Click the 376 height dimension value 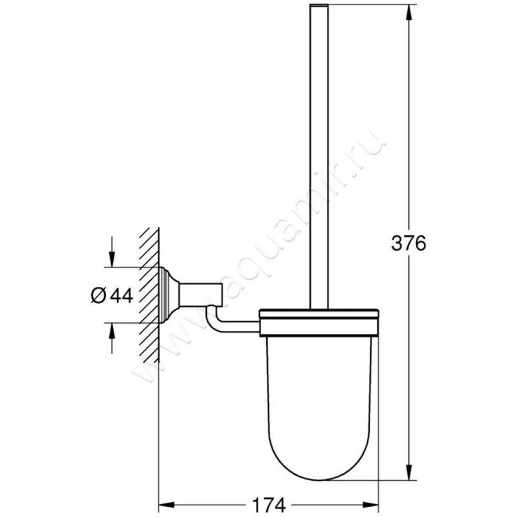[408, 243]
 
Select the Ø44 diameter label [111, 295]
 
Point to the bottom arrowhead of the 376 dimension [408, 474]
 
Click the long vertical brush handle [321, 162]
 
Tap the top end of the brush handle [321, 6]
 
